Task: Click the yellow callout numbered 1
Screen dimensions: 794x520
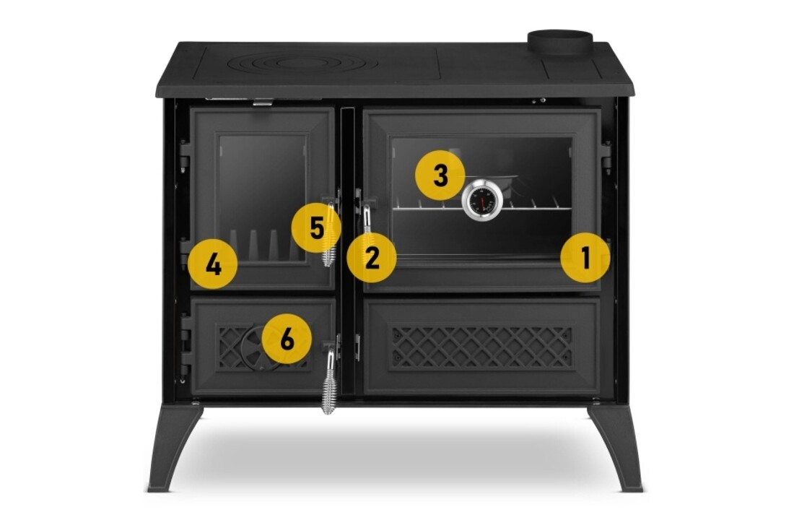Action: pos(585,257)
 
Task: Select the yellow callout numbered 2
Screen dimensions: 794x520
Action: pos(371,257)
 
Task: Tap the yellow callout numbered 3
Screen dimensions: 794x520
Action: pos(440,175)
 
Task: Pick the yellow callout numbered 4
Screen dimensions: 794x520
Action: pos(213,264)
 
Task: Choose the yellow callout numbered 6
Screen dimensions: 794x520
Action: pos(287,338)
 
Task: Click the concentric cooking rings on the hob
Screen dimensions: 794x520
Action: pos(282,64)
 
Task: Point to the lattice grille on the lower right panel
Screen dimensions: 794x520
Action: pos(482,347)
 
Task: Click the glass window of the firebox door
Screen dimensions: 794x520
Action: pos(263,198)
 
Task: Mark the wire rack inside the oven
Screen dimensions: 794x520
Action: pos(476,205)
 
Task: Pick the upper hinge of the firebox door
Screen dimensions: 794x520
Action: pos(185,155)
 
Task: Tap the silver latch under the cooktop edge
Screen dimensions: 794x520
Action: pos(262,103)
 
